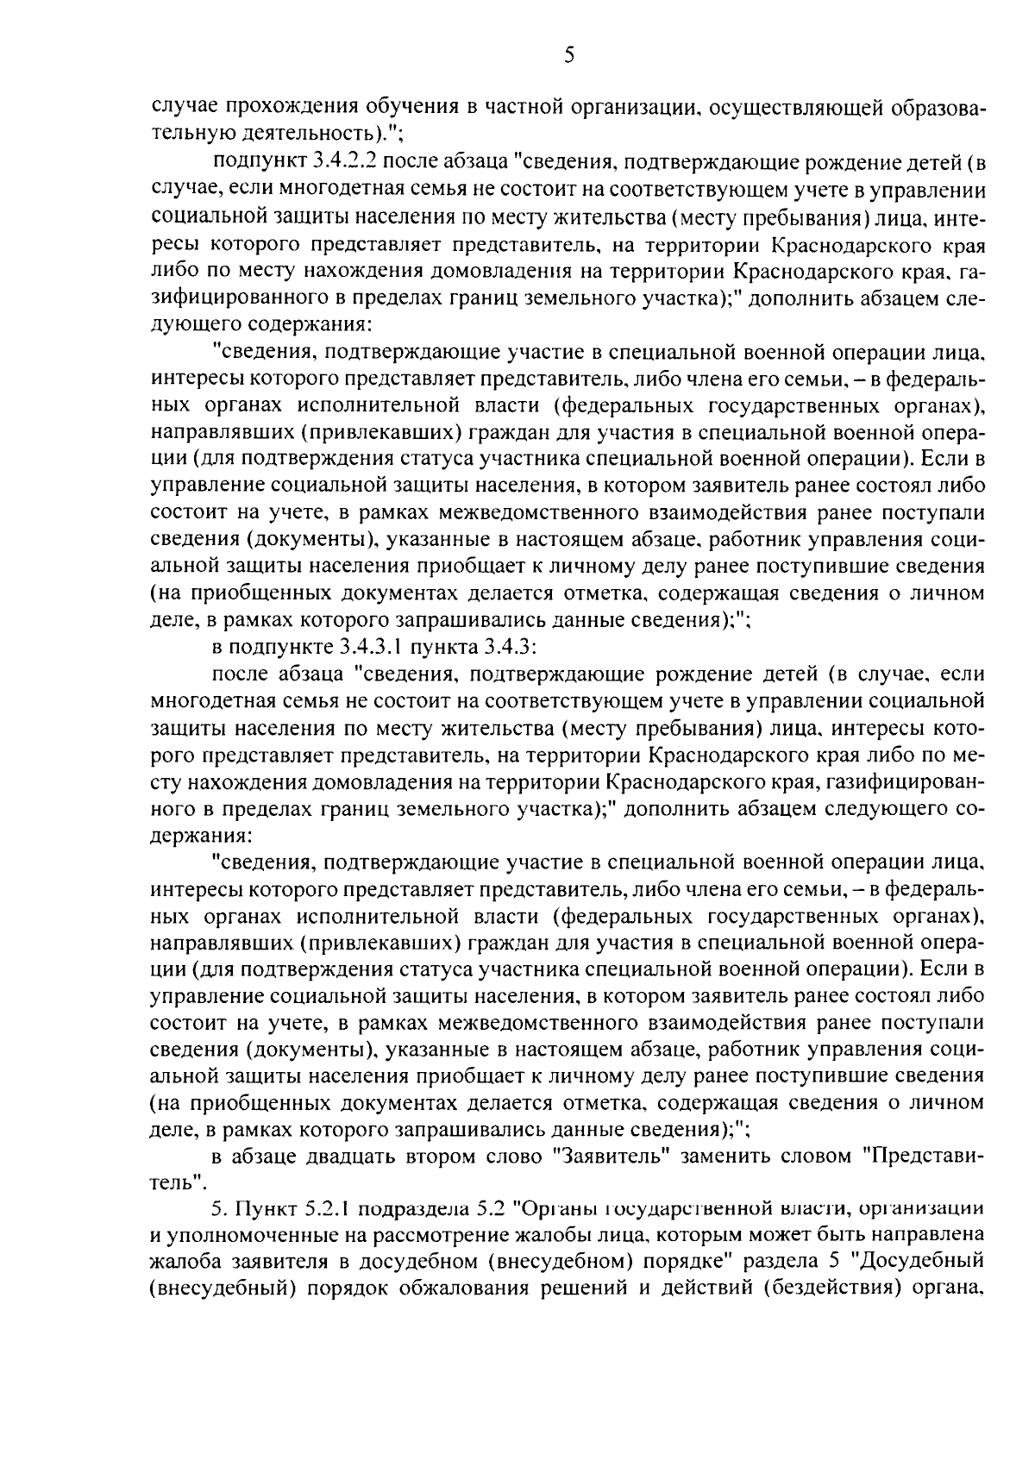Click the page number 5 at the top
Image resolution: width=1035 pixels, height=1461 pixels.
[568, 57]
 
